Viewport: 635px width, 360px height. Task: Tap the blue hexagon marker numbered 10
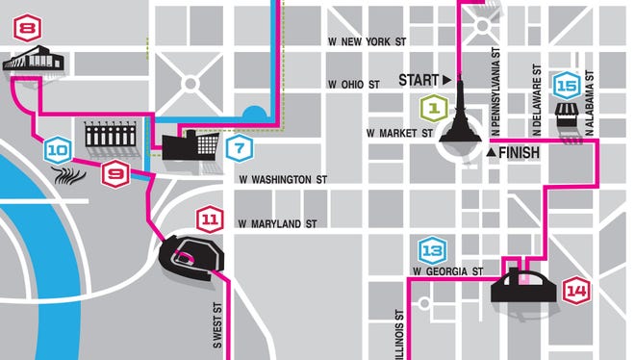[x=58, y=149]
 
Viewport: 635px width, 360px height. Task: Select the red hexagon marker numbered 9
[x=116, y=174]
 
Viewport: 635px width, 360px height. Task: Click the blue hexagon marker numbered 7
[x=240, y=149]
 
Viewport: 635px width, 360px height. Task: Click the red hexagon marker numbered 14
[x=576, y=290]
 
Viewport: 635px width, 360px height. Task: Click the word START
[x=419, y=79]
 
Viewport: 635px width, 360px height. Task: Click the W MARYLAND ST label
[x=278, y=223]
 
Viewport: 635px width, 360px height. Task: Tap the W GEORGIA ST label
[x=446, y=272]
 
